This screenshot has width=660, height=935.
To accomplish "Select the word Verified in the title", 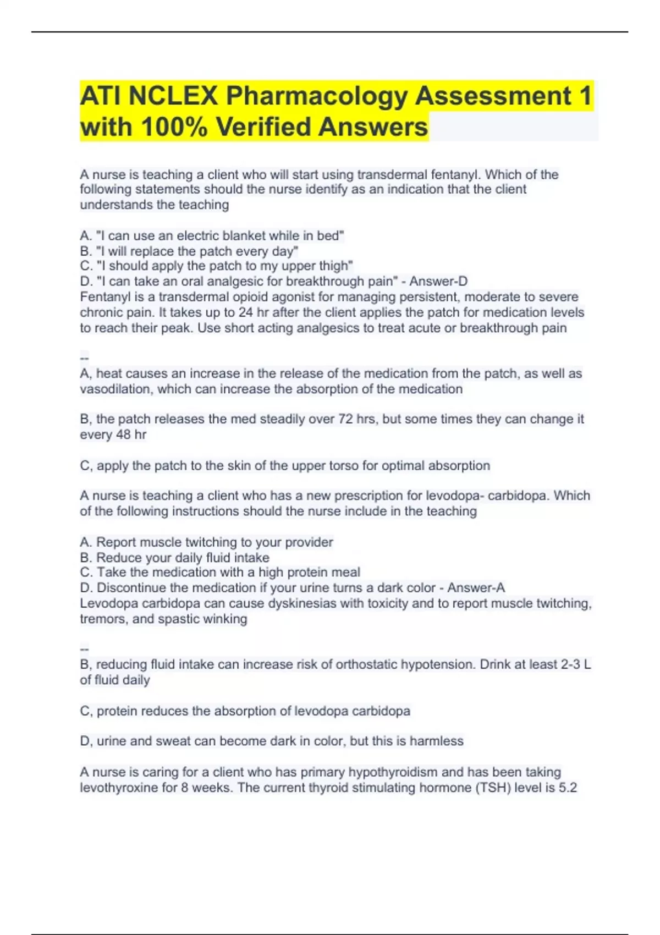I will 263,127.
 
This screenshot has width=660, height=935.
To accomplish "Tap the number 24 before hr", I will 245,312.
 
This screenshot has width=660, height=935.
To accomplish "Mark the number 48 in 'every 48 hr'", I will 123,435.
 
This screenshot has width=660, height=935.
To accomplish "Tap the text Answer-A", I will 476,588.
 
